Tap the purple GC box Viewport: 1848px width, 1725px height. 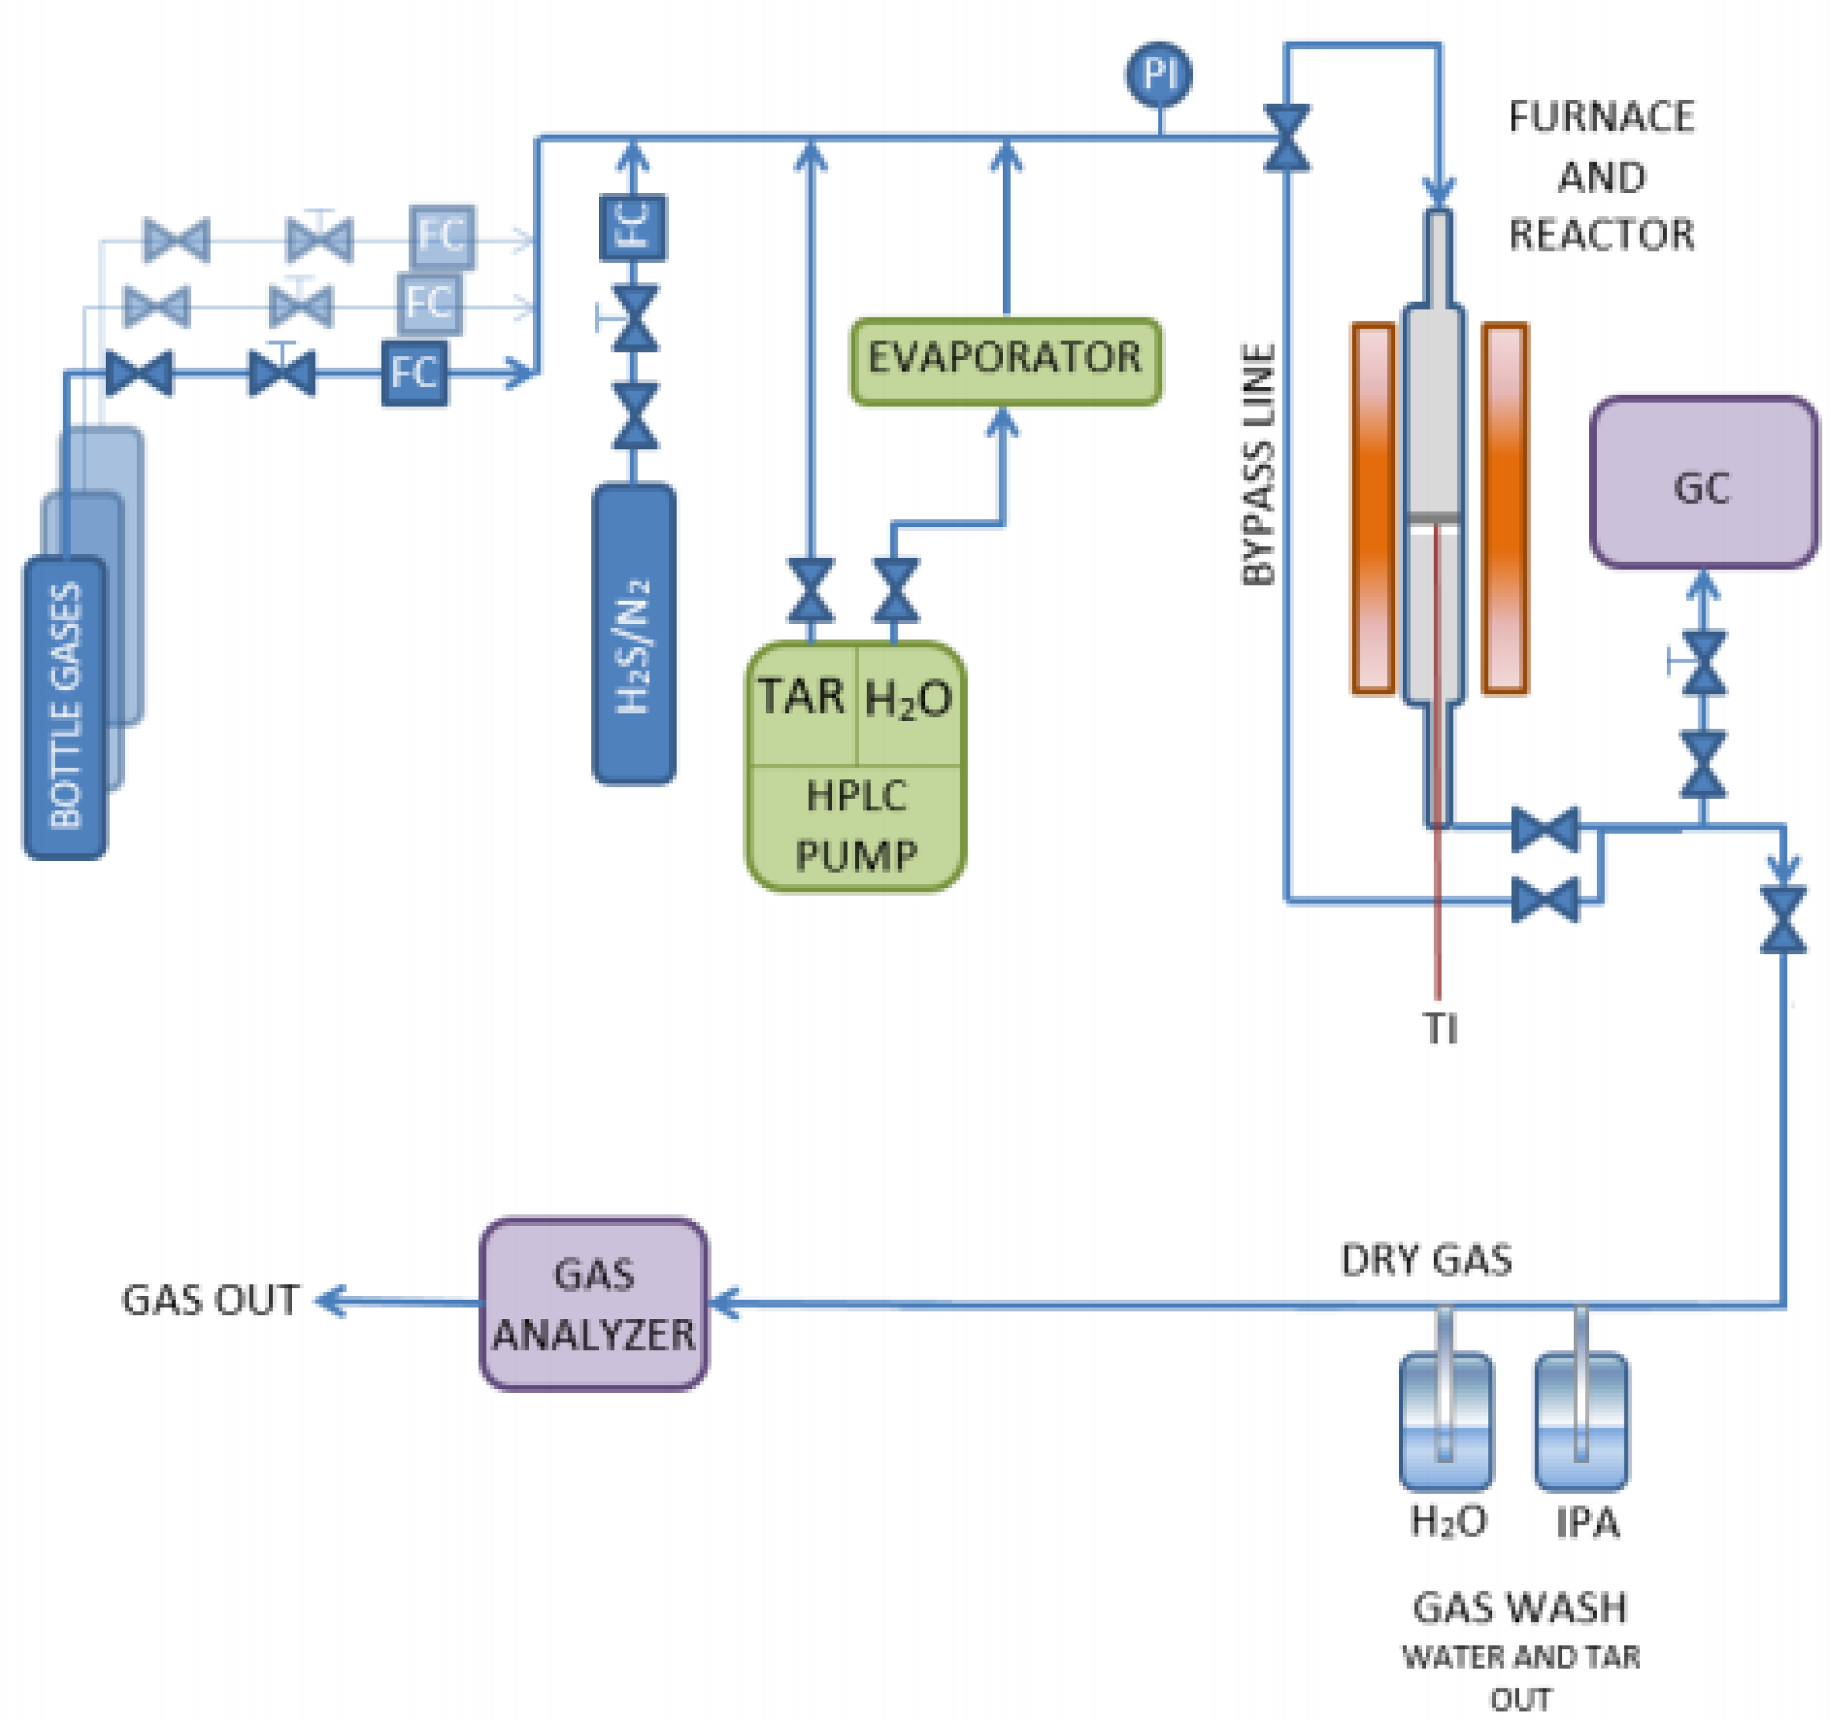point(1703,482)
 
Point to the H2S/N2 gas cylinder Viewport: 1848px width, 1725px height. point(634,634)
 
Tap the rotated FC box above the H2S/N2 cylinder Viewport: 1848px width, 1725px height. point(633,227)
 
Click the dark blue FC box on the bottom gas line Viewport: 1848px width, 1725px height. point(415,373)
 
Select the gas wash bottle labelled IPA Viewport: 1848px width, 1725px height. point(1580,1422)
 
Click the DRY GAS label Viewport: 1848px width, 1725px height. point(1425,1260)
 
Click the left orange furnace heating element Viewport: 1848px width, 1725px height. point(1373,508)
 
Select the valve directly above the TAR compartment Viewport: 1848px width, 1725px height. point(811,590)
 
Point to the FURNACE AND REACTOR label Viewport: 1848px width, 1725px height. point(1600,176)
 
